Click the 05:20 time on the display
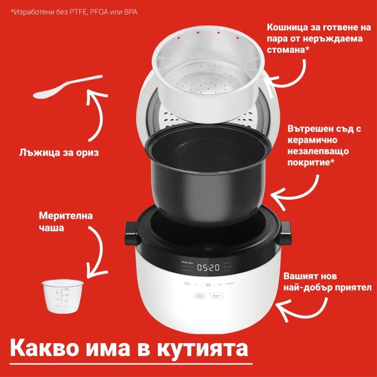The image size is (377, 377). coord(208,268)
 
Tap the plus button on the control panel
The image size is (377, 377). coord(220,284)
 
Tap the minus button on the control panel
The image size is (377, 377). coord(197,284)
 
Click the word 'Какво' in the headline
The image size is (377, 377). coord(40,349)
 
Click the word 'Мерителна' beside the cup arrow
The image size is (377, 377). coord(66,217)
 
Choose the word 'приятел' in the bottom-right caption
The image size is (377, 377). coord(351,287)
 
